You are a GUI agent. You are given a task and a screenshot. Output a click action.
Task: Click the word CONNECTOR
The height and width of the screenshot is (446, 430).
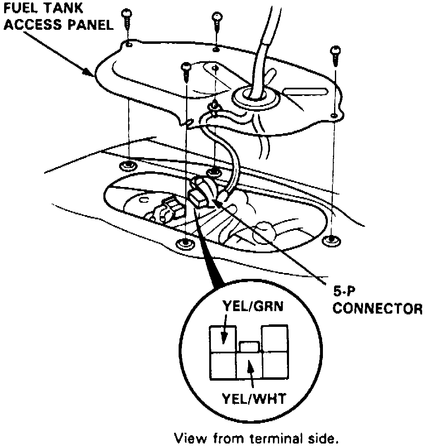(x=377, y=309)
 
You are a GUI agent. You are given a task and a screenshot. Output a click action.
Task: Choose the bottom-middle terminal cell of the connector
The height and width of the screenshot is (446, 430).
(x=250, y=367)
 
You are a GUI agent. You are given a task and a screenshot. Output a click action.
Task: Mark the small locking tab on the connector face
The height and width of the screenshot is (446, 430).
(x=250, y=347)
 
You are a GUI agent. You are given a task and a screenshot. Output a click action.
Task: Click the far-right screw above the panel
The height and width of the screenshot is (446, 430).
(x=334, y=54)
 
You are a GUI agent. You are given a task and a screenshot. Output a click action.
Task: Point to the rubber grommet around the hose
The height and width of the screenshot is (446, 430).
(x=251, y=96)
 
